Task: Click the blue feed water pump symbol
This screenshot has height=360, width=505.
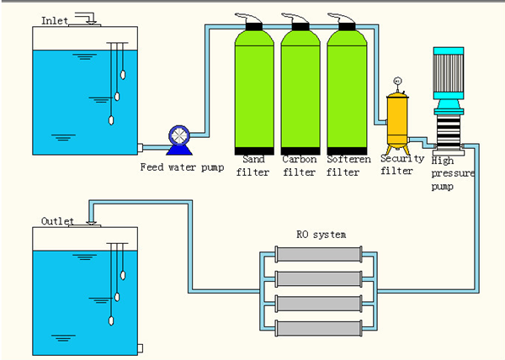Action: [180, 138]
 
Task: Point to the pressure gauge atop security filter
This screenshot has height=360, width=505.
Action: [396, 82]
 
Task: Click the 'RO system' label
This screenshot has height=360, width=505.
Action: [321, 235]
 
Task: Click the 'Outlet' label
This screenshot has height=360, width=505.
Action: [57, 221]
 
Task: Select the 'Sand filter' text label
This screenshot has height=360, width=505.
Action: [252, 165]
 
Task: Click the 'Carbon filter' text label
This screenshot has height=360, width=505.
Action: [300, 165]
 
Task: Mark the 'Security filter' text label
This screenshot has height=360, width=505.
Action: [397, 165]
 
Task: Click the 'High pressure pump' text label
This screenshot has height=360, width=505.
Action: [453, 172]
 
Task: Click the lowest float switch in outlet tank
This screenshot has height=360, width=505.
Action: [111, 320]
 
